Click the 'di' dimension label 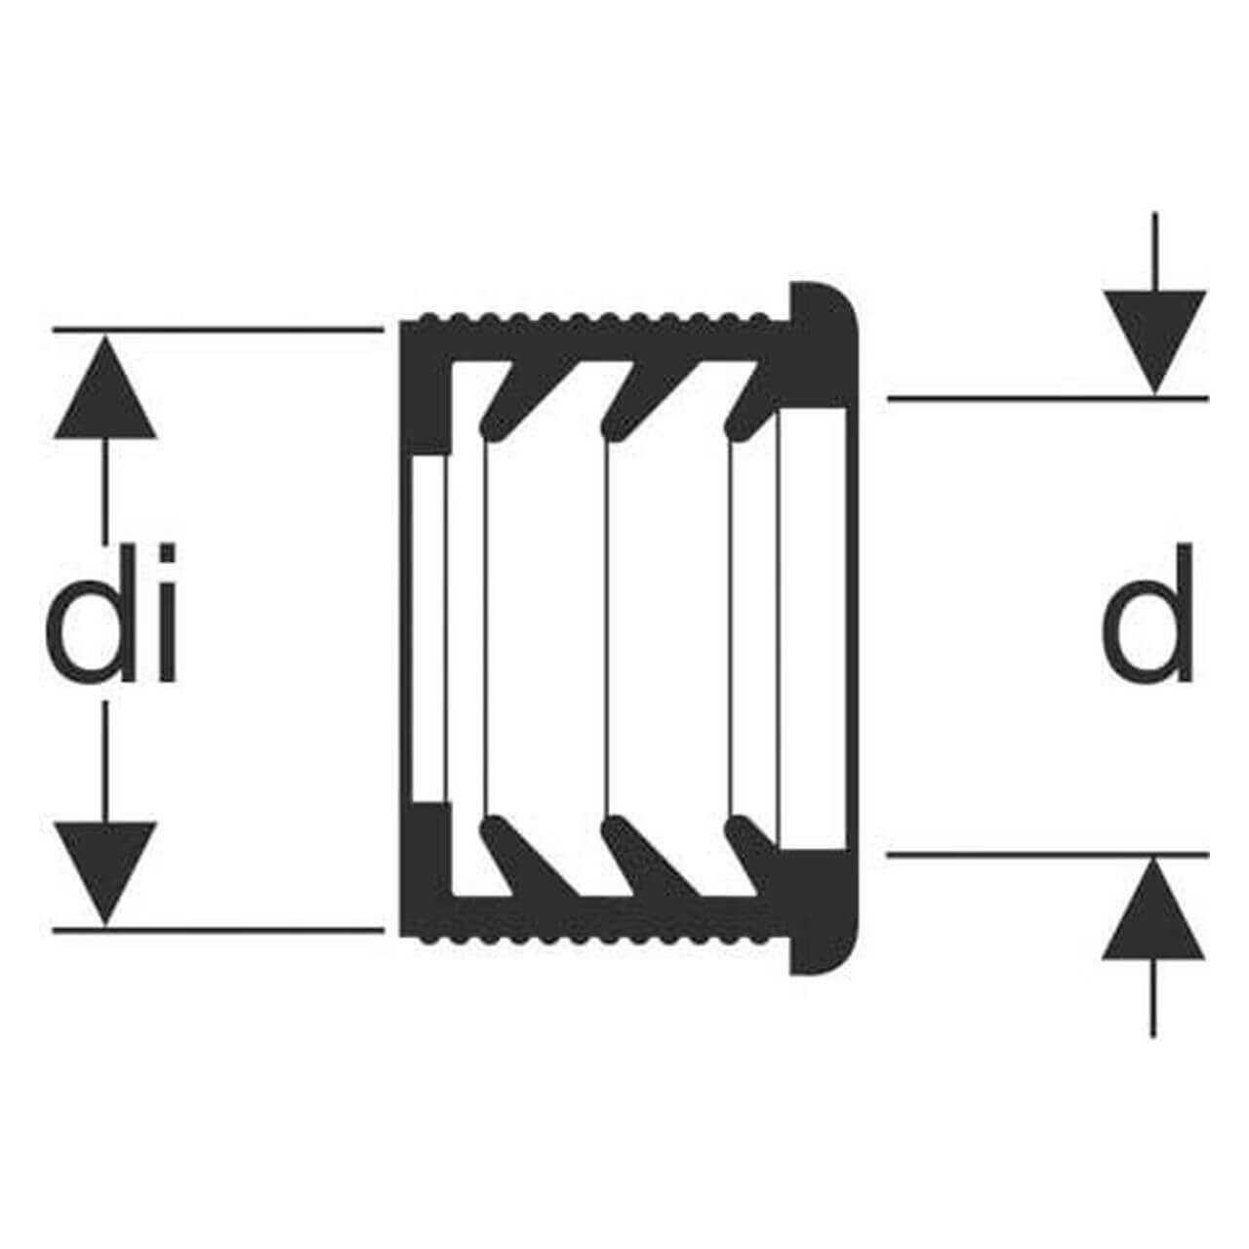coord(111,613)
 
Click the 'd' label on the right coord(1148,613)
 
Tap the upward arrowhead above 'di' coord(105,387)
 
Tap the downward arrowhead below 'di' coord(105,873)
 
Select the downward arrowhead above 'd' coord(1154,342)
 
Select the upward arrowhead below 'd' coord(1153,908)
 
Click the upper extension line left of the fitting coord(219,331)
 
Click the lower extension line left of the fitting coord(219,930)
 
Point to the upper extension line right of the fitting coord(1048,399)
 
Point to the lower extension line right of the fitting coord(1048,855)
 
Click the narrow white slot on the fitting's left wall coord(428,627)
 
